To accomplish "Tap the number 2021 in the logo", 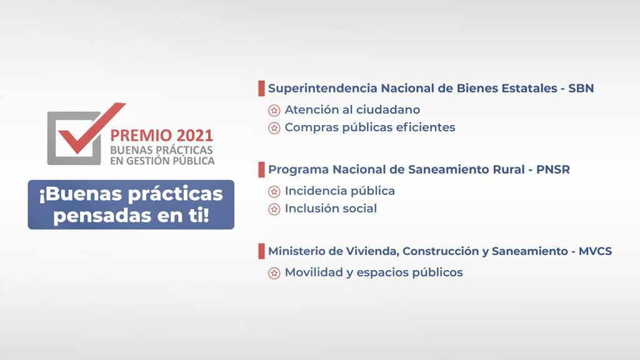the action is point(195,136).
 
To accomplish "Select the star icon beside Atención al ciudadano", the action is point(274,110).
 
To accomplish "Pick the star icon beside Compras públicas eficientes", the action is point(274,128).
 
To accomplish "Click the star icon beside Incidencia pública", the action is point(274,191).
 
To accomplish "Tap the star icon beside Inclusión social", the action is point(274,209).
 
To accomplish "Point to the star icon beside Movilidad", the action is point(274,273).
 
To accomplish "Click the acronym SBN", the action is point(581,88).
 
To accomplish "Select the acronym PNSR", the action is point(553,169).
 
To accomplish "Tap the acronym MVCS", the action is point(595,251).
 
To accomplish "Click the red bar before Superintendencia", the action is point(261,88).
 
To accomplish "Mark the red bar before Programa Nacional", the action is point(261,170).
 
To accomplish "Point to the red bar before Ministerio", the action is point(261,251).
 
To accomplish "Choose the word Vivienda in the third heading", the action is point(372,251).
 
